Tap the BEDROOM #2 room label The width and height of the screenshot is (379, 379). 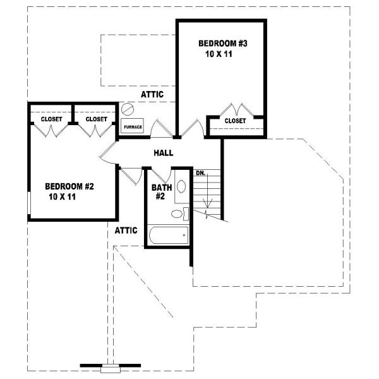point(69,186)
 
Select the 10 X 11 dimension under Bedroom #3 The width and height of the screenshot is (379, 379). point(220,55)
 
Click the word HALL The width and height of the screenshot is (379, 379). point(164,153)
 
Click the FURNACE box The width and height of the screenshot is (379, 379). point(133,126)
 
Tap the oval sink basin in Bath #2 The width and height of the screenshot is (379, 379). point(180,187)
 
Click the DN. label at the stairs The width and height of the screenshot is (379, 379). point(200,172)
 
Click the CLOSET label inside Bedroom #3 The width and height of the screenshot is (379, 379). point(235,120)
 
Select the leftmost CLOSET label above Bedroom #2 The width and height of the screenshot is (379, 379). point(51,119)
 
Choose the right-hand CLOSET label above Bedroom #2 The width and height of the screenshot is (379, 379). point(96,119)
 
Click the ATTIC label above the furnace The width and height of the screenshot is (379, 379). point(152,95)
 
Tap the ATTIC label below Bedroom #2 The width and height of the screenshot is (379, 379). point(126,231)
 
